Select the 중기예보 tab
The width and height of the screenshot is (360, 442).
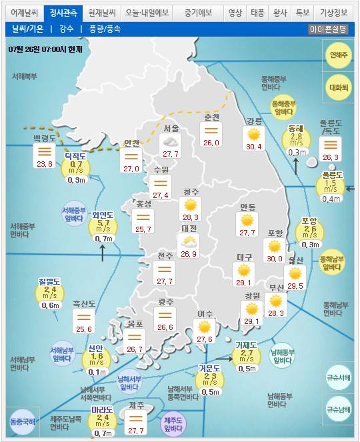click(198, 13)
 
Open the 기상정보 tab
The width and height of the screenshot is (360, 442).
click(333, 13)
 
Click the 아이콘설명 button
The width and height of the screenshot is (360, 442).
click(328, 29)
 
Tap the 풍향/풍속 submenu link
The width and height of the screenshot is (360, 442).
click(101, 29)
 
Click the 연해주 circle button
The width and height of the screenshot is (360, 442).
click(339, 55)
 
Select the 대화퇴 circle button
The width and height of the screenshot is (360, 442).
click(339, 87)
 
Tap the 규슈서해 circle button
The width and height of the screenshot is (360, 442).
click(339, 377)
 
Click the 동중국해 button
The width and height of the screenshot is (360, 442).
click(23, 421)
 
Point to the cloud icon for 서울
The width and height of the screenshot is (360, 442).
click(170, 141)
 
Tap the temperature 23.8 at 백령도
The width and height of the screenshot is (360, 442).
click(45, 163)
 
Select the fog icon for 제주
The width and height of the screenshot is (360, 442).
click(136, 419)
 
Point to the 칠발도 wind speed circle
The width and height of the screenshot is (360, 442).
click(51, 293)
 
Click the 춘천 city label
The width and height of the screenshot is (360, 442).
click(211, 117)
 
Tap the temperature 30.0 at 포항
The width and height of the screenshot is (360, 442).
click(275, 258)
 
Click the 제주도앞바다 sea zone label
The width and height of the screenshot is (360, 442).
click(173, 423)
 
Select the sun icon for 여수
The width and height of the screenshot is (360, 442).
click(204, 327)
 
